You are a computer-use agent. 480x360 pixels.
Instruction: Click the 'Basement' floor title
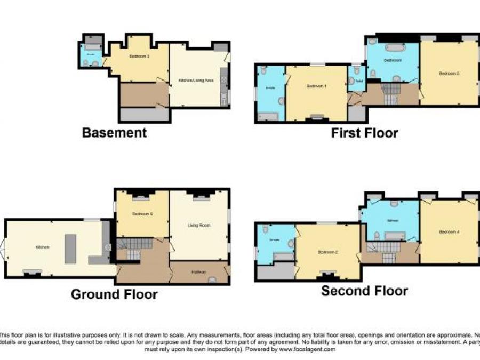click(114, 133)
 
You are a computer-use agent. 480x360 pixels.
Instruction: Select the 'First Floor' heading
click(364, 133)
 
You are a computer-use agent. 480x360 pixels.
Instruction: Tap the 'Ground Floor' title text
click(114, 294)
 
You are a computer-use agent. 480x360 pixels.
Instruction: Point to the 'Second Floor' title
click(364, 291)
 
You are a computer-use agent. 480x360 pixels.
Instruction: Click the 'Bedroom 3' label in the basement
click(139, 56)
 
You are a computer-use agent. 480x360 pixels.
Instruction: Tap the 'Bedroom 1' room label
click(316, 86)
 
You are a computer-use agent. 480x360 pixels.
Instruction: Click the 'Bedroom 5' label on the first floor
click(449, 74)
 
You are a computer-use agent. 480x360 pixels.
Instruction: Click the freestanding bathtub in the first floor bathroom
click(394, 47)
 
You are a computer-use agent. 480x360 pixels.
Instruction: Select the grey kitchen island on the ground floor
click(70, 248)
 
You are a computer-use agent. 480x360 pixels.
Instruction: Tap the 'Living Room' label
click(198, 226)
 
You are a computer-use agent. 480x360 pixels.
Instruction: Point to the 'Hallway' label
click(198, 272)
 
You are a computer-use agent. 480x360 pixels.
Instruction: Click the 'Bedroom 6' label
click(142, 214)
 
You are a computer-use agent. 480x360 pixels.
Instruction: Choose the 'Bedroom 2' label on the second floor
click(327, 252)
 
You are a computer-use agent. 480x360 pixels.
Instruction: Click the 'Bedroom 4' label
click(449, 232)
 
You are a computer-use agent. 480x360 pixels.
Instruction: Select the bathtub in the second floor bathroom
click(394, 235)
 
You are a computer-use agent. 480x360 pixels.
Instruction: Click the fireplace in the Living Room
click(199, 197)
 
